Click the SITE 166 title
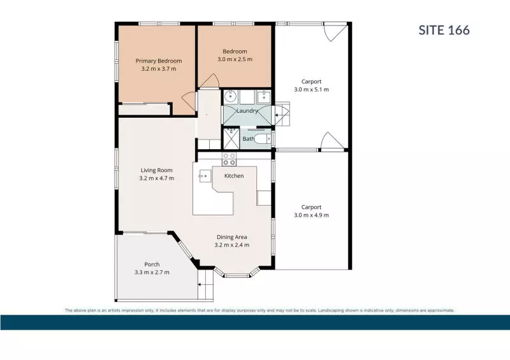[444, 30]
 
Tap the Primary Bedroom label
[159, 61]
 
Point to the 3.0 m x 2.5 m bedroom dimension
[235, 59]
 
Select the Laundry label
[247, 111]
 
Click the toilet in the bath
[262, 139]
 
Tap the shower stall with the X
[231, 139]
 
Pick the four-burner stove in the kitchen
[229, 159]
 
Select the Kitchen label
[234, 176]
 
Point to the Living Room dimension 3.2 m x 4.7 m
[156, 178]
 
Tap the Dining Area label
[231, 237]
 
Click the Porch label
[152, 264]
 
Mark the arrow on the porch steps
[201, 285]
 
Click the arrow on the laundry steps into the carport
[279, 115]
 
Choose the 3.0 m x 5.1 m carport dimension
[311, 89]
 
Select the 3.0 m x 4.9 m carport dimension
[311, 215]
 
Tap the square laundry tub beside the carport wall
[263, 96]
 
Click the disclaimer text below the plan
[259, 310]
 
